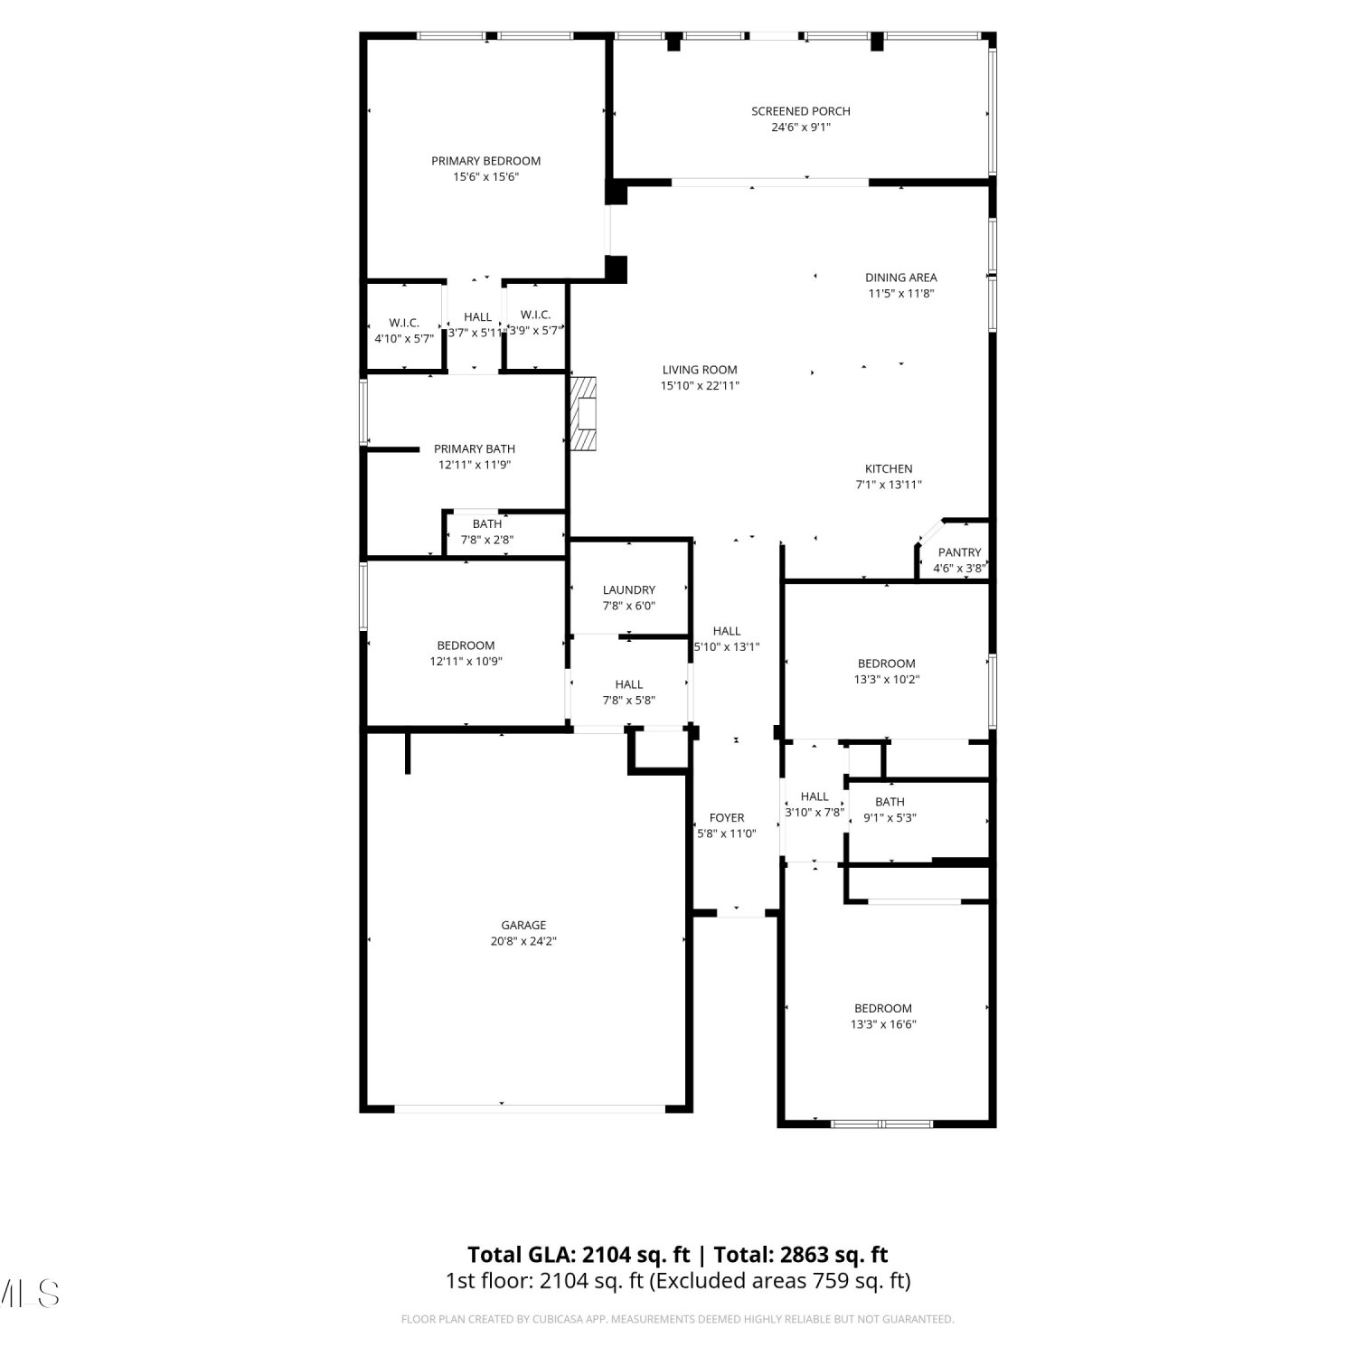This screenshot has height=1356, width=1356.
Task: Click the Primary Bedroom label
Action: pos(485,161)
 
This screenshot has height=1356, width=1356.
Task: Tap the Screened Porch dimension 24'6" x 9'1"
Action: pos(801,127)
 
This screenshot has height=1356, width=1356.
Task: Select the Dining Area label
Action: pos(901,278)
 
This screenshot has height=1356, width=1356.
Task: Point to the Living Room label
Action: pos(700,370)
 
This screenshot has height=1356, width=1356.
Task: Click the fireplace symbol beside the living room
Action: pos(584,413)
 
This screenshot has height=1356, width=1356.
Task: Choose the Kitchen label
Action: pos(889,468)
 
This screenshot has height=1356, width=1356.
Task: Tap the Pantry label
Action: pos(959,552)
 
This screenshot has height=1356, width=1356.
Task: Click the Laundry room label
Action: pos(629,590)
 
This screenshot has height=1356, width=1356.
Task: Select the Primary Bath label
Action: pos(475,448)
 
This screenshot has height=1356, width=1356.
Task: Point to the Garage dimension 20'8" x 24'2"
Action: pos(523,941)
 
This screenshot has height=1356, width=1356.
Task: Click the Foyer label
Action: pos(727,818)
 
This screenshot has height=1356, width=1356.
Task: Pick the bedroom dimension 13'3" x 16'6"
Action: pos(883,1024)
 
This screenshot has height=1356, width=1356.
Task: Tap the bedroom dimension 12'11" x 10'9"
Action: pos(466,662)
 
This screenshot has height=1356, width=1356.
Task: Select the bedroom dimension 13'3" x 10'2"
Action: pos(887,680)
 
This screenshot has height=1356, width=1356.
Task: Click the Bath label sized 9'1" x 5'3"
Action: pos(890,802)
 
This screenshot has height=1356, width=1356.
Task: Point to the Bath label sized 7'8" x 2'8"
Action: pos(487,524)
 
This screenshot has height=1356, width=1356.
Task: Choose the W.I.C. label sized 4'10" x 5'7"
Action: pos(404,323)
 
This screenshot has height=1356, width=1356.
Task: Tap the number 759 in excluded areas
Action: pos(805,1281)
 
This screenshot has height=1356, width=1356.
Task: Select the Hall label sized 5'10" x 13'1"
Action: pos(727,631)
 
